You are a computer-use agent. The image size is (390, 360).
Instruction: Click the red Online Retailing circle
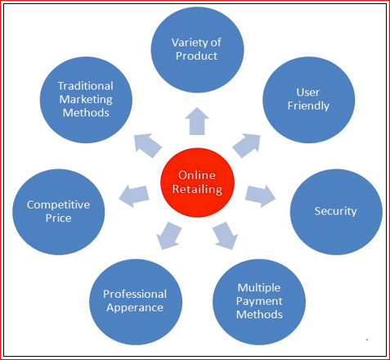197,182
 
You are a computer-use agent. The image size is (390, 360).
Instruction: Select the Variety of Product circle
197,50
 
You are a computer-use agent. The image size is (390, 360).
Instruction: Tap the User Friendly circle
309,100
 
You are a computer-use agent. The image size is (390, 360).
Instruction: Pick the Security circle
336,212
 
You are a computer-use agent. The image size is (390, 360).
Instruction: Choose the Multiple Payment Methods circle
259,302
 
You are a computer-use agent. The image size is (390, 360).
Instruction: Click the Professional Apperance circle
136,302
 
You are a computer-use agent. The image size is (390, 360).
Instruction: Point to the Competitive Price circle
59,212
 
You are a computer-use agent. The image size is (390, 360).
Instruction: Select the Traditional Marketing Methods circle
86,100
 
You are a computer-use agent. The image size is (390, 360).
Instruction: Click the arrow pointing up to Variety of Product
197,121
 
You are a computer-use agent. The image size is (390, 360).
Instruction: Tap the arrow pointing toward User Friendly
247,145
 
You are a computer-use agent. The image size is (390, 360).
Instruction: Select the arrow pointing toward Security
260,196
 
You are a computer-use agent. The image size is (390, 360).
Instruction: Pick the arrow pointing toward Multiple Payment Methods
225,236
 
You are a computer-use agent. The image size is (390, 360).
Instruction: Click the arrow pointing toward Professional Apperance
169,236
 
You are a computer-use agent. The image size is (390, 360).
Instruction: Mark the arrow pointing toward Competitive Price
134,196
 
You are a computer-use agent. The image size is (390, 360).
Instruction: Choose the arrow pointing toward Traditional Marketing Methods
148,145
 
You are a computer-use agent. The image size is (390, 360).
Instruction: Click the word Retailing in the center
197,189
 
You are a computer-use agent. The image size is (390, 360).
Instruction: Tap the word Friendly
308,106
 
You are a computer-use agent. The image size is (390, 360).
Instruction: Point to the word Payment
259,301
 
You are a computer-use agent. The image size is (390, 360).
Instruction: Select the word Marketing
86,99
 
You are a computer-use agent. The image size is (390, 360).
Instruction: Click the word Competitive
58,205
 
